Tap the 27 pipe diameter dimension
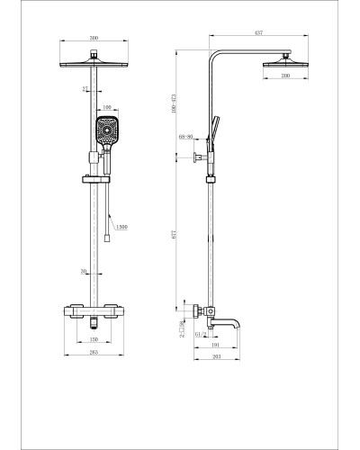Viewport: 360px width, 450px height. [x=86, y=89]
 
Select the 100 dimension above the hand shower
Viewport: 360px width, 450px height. [x=107, y=109]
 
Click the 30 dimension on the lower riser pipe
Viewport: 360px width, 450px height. [x=85, y=271]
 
